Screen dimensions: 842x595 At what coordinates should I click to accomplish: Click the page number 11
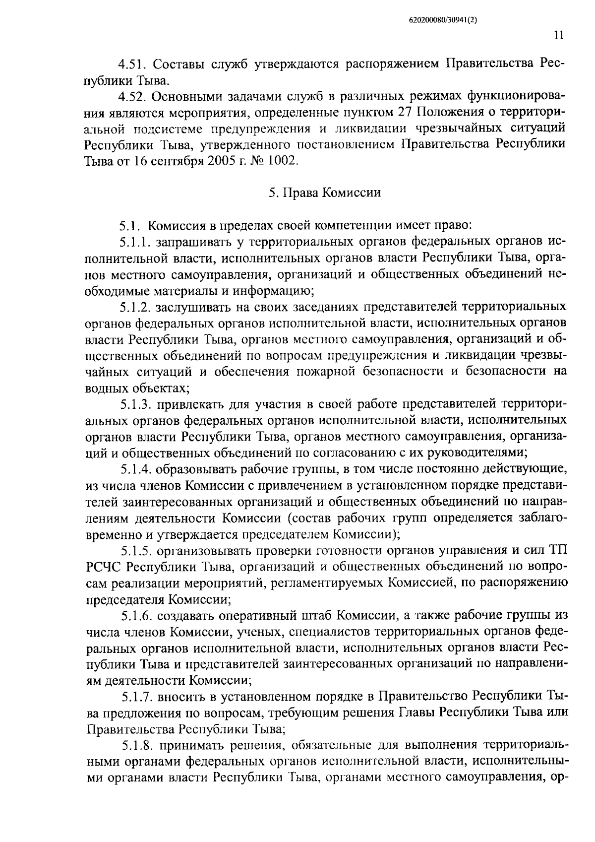click(x=558, y=35)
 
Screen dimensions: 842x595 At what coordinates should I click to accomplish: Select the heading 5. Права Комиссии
click(x=325, y=193)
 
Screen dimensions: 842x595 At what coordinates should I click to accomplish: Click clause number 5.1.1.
click(x=135, y=242)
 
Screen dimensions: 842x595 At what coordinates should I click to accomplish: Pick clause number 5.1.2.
click(x=135, y=307)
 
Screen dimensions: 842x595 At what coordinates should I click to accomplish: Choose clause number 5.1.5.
click(x=136, y=550)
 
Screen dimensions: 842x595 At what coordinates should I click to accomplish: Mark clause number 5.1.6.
click(x=136, y=615)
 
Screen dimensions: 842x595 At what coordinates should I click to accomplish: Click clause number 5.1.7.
click(x=136, y=697)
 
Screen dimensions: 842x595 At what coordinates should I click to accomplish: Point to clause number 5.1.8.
click(x=137, y=745)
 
